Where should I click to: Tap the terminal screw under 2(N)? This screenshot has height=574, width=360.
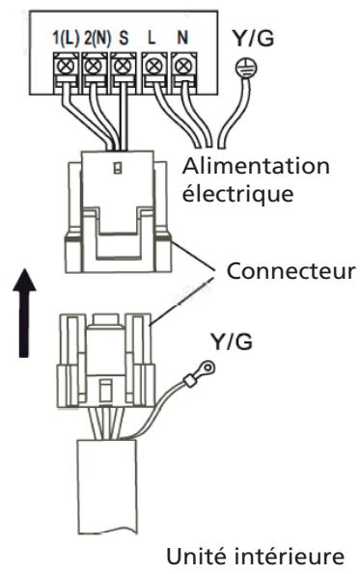click(93, 69)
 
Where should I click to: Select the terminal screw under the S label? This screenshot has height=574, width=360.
click(120, 69)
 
